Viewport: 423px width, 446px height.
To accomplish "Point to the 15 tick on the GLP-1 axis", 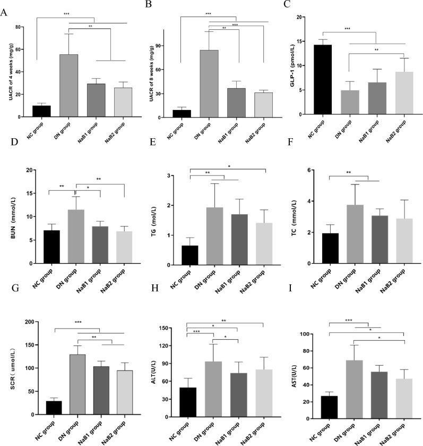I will tap(301, 41).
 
